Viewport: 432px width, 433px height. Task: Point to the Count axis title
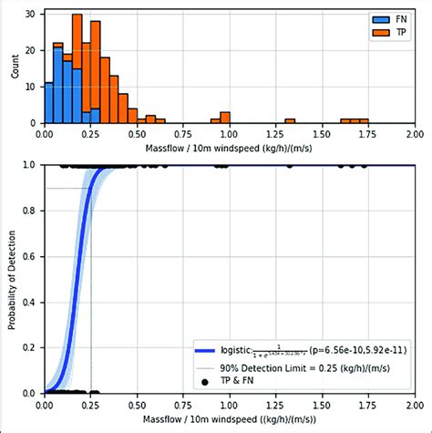(x=12, y=67)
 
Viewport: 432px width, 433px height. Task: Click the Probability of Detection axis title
(x=12, y=279)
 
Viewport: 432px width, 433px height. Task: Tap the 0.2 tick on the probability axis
(x=30, y=347)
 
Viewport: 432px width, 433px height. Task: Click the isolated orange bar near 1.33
(x=290, y=120)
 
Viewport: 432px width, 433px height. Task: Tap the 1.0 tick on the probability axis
(x=30, y=165)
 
